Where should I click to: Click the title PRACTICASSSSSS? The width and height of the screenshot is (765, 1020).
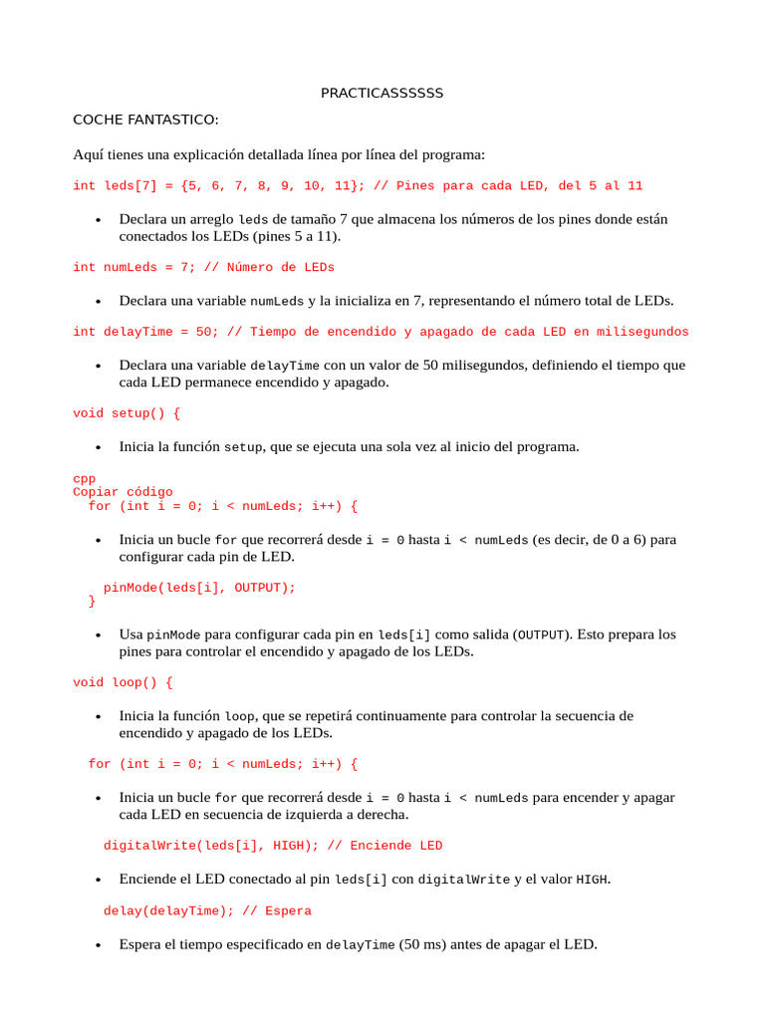[x=382, y=94]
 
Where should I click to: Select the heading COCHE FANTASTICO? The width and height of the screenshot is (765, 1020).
[x=145, y=120]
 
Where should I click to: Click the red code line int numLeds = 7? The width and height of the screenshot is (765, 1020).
[x=203, y=267]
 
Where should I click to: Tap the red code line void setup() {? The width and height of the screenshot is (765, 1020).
[x=127, y=412]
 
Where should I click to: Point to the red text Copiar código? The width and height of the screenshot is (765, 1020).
[x=123, y=492]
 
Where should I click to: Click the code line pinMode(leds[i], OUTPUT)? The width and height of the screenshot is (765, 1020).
[x=199, y=588]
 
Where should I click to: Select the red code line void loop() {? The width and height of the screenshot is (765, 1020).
[x=123, y=682]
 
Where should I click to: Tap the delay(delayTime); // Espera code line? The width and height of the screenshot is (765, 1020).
[x=207, y=910]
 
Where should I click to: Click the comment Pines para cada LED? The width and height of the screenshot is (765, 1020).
[x=468, y=186]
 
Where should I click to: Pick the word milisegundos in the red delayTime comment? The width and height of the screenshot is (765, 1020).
[x=642, y=332]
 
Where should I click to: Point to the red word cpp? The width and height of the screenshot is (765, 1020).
[x=85, y=479]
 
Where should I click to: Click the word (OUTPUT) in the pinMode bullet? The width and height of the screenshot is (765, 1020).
[x=542, y=635]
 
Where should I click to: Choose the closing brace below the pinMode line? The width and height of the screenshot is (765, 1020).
[x=93, y=602]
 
